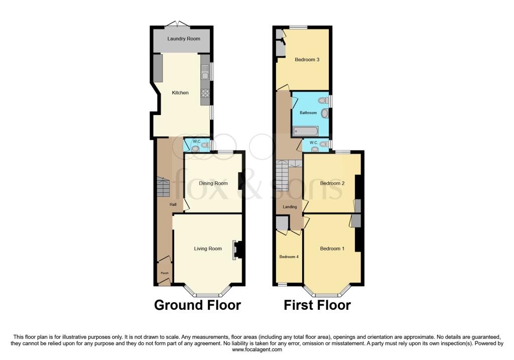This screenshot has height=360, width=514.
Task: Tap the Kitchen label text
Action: point(180,93)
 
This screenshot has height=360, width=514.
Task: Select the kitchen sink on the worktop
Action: point(205,76)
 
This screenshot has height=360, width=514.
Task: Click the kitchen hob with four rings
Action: point(205,93)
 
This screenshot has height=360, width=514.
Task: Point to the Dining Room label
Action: point(213,183)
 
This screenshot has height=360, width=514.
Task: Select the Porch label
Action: point(164,273)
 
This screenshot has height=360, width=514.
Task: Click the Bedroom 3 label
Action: point(307,60)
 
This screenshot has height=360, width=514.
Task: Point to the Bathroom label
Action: point(308,113)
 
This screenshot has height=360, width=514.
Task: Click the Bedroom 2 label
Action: point(332,183)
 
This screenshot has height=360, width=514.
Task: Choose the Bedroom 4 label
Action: point(289,257)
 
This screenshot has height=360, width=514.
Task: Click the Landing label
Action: point(290,207)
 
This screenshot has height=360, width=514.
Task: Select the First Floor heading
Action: point(317,305)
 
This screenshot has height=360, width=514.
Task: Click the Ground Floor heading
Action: point(197,305)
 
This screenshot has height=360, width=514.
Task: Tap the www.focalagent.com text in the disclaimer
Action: point(256,349)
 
